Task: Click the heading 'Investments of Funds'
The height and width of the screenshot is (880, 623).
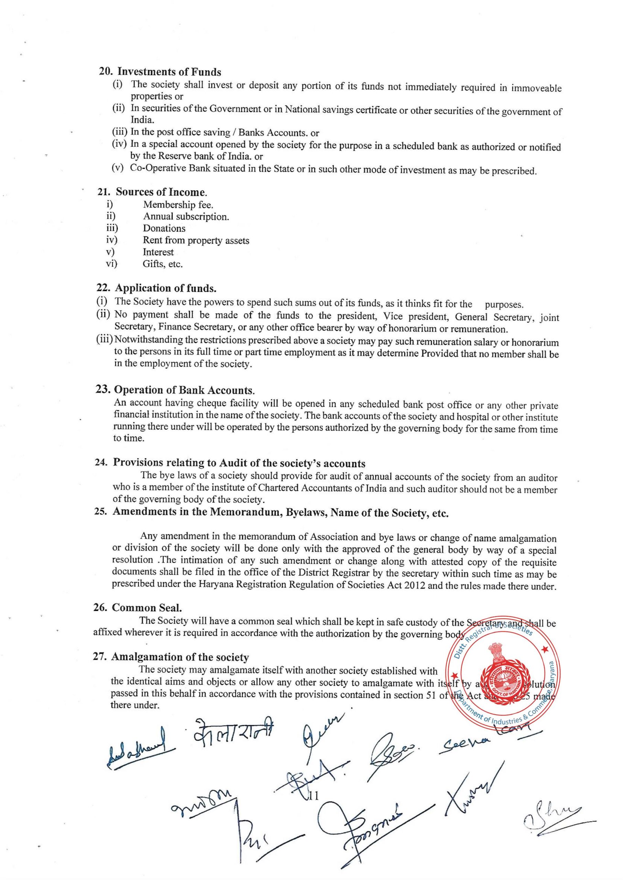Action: (169, 72)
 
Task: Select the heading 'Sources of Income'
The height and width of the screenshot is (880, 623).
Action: (161, 192)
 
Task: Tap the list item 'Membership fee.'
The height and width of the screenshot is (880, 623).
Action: (178, 205)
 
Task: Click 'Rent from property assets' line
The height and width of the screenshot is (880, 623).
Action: (196, 240)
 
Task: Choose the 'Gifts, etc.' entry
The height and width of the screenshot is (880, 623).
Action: (163, 264)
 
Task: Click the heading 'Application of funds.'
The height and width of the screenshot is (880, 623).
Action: (166, 288)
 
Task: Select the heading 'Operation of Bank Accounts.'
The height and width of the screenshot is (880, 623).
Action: (185, 390)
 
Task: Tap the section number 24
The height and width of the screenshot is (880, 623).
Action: (100, 463)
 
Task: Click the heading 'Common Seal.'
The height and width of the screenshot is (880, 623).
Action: (146, 608)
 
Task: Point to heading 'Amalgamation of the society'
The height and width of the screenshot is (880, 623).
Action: (179, 657)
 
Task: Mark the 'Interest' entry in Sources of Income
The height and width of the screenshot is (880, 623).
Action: (158, 252)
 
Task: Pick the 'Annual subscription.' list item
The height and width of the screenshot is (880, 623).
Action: (186, 217)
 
